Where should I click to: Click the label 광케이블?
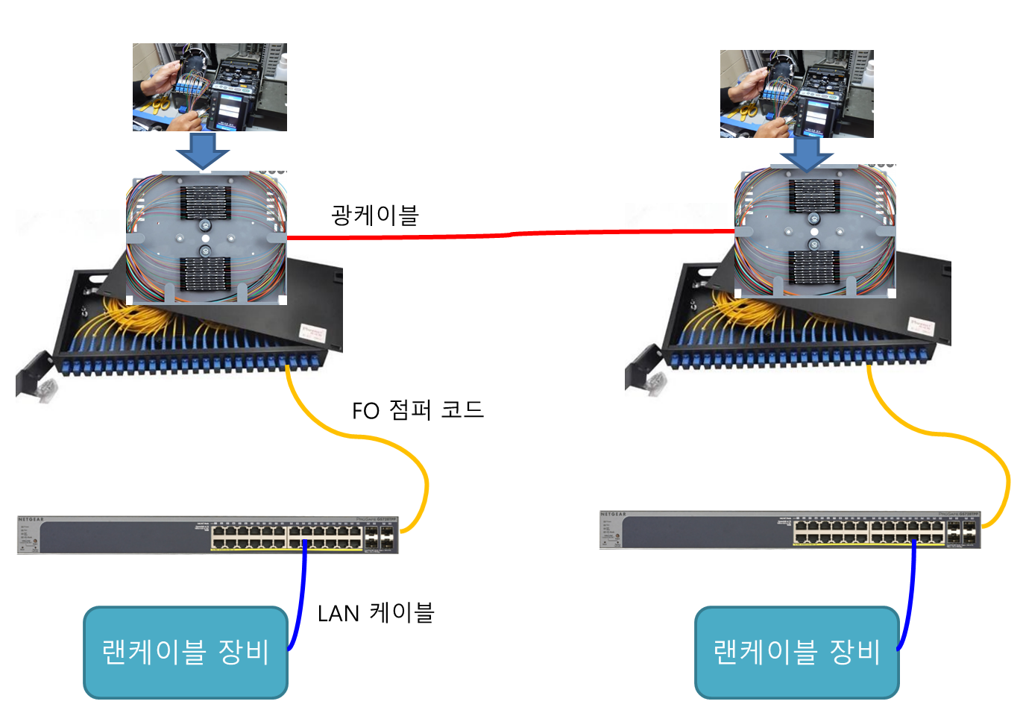click(375, 216)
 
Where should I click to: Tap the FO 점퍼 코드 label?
click(418, 410)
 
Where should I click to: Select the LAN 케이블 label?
click(375, 613)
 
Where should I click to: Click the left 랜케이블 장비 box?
click(185, 653)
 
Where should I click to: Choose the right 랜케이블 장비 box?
click(796, 653)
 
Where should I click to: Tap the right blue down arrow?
click(805, 154)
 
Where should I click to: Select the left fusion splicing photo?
click(210, 87)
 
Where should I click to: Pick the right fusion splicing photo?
click(796, 94)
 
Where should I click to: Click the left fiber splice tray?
click(207, 237)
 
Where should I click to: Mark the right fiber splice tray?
click(814, 233)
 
